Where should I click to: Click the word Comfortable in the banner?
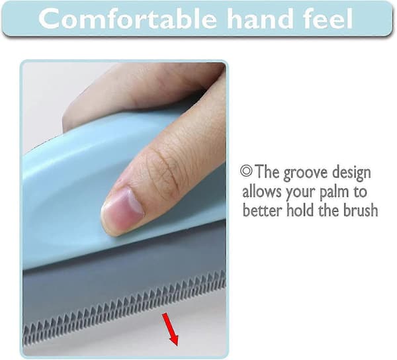127,19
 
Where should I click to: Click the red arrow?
171,329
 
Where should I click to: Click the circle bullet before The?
246,171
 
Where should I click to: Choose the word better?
262,210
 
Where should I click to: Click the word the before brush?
329,210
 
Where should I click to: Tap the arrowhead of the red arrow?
174,341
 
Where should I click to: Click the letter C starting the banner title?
49,19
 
